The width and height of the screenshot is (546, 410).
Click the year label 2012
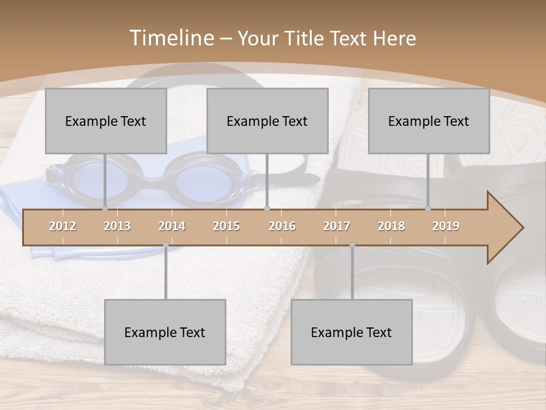(63, 226)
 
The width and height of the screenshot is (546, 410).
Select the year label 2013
(117, 226)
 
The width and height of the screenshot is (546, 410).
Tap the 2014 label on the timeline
(172, 226)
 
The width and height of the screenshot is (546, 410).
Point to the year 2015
(226, 226)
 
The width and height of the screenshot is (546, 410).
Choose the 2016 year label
(282, 226)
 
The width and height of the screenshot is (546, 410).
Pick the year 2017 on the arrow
(337, 226)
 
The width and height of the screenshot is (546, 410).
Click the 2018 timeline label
(391, 226)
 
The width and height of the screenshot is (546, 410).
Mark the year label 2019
(446, 226)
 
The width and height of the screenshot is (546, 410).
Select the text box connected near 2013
(106, 121)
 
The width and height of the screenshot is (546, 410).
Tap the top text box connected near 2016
(267, 121)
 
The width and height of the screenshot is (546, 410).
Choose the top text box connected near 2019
(429, 121)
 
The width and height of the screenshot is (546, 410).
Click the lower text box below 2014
(165, 332)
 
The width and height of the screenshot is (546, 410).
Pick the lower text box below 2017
(351, 332)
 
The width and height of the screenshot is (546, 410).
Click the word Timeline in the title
(171, 38)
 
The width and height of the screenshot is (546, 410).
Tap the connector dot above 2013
(105, 209)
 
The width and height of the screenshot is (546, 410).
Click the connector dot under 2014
(166, 245)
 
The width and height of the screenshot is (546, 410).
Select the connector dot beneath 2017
(352, 245)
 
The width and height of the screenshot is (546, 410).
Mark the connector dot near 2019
(428, 209)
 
